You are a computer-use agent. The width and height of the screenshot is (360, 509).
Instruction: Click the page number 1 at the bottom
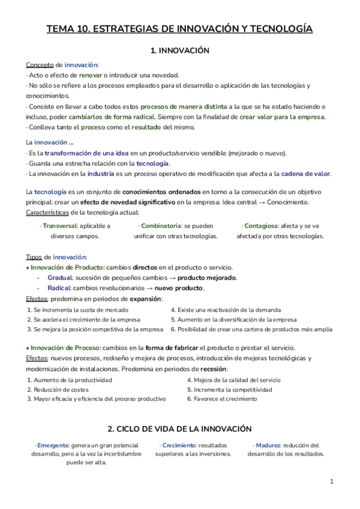[332, 481]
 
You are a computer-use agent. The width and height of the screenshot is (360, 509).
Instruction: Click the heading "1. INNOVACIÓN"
[179, 50]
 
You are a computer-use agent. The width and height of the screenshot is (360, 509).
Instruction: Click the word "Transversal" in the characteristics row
[60, 226]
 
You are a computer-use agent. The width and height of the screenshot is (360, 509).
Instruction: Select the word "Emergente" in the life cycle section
[52, 445]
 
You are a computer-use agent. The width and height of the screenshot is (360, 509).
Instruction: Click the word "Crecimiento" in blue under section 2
[178, 445]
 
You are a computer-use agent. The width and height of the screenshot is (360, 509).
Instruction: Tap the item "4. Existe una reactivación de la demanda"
[225, 310]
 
